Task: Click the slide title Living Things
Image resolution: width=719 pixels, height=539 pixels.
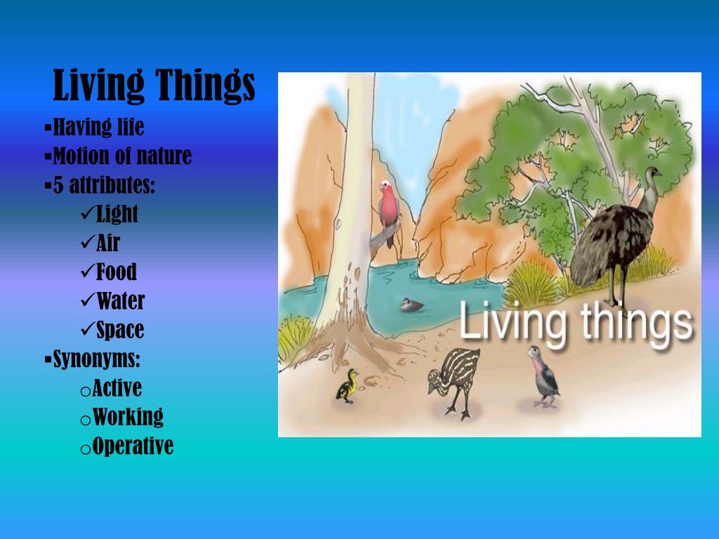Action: coord(154,86)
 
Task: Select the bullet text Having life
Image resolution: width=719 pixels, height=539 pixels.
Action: coord(98,127)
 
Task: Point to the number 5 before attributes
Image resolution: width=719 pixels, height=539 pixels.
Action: coord(58,186)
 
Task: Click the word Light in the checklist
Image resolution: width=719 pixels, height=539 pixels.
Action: coord(117,214)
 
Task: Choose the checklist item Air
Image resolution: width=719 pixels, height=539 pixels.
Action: coord(108,243)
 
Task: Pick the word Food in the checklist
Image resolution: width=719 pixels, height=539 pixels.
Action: coord(117,272)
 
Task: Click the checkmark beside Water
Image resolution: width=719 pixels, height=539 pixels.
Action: coord(88,301)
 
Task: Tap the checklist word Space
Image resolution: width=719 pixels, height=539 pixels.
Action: coord(120,330)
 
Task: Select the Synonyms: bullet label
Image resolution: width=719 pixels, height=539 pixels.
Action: coord(97,359)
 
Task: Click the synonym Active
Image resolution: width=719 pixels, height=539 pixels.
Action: coord(117,388)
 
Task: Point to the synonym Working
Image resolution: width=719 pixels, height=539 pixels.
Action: coord(128,417)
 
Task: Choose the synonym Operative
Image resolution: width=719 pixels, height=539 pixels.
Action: coord(133,446)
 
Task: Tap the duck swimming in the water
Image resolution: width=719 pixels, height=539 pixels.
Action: coord(411,305)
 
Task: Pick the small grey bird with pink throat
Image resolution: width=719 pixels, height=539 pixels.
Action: coord(544,375)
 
